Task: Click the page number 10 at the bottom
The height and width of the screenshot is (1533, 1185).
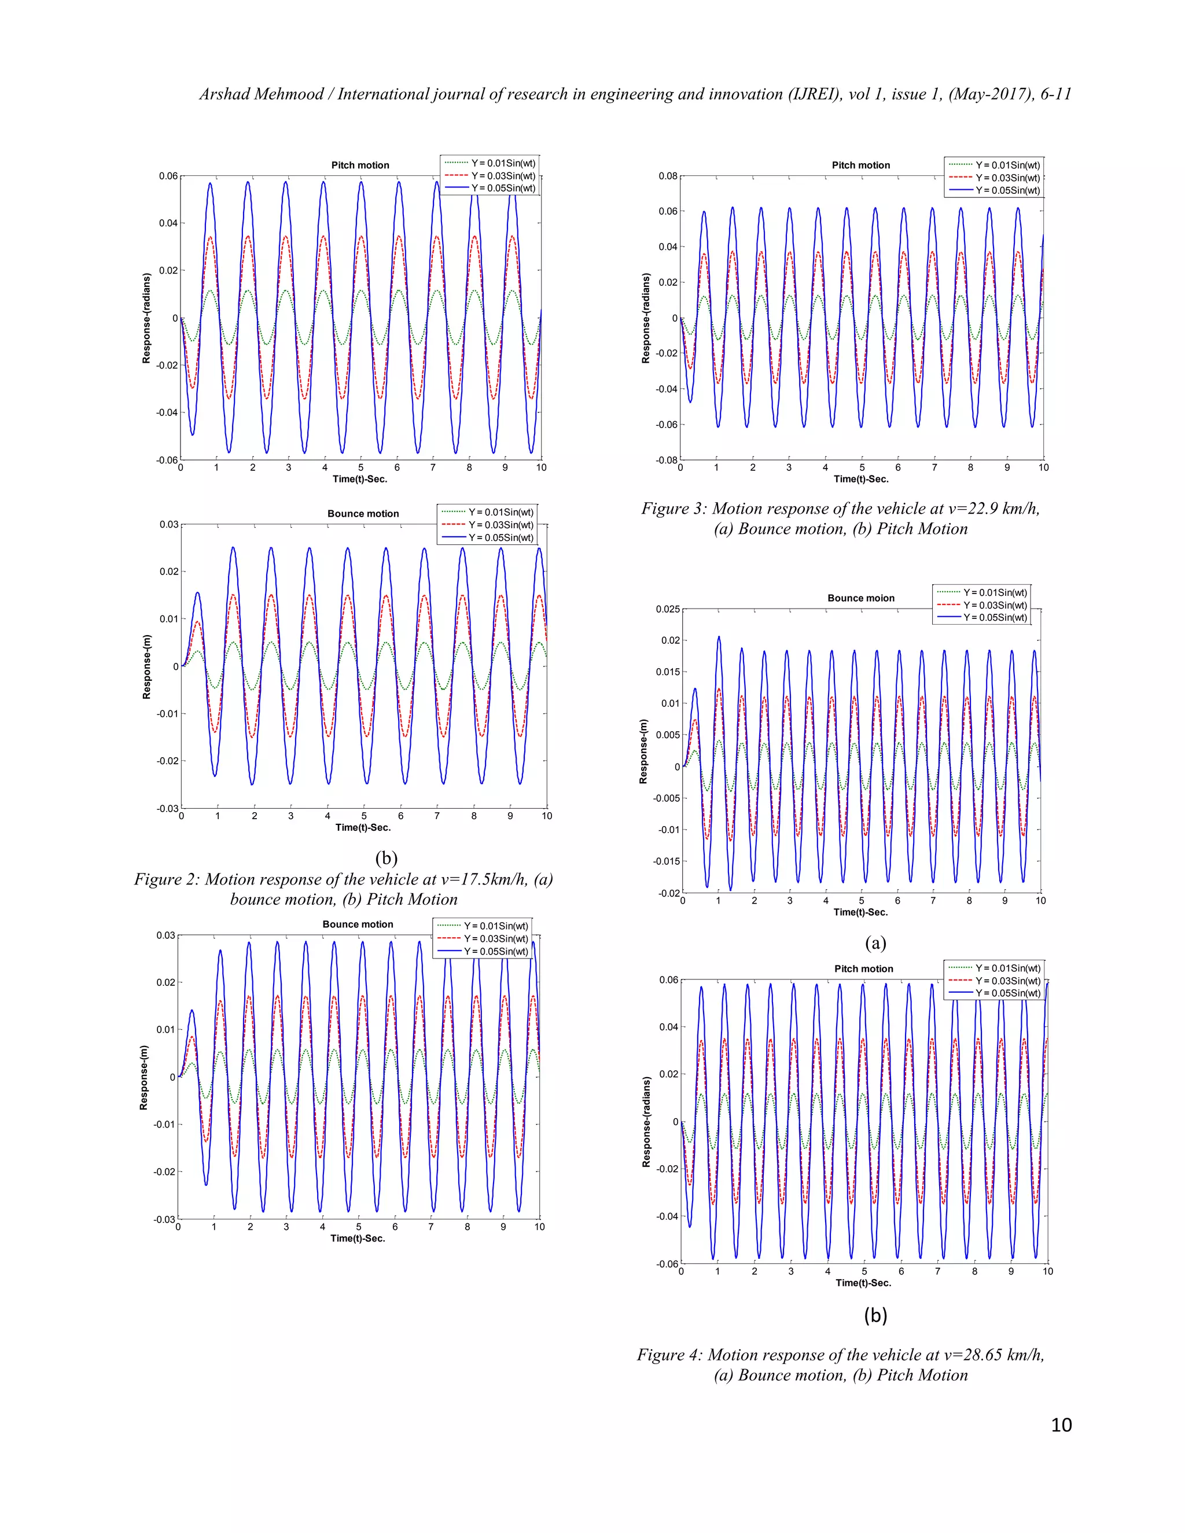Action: point(1061,1424)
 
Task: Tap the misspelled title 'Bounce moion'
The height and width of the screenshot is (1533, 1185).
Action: point(860,598)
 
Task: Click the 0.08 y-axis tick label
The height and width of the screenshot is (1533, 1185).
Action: point(668,176)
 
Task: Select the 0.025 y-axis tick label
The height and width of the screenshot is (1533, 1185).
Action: point(668,609)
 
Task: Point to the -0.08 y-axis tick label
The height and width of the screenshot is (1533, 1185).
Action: point(666,460)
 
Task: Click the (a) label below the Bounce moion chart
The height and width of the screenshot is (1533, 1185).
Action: point(875,943)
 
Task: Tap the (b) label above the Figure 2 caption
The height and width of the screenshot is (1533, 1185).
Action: point(386,857)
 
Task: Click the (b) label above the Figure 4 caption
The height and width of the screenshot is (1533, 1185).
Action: point(875,1315)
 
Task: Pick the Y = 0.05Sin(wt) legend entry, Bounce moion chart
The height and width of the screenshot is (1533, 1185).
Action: point(995,618)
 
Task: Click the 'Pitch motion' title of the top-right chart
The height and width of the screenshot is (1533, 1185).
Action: point(860,165)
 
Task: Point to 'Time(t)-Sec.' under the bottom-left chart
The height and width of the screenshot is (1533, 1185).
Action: point(358,1238)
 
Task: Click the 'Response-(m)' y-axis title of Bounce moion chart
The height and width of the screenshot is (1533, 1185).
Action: point(643,751)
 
